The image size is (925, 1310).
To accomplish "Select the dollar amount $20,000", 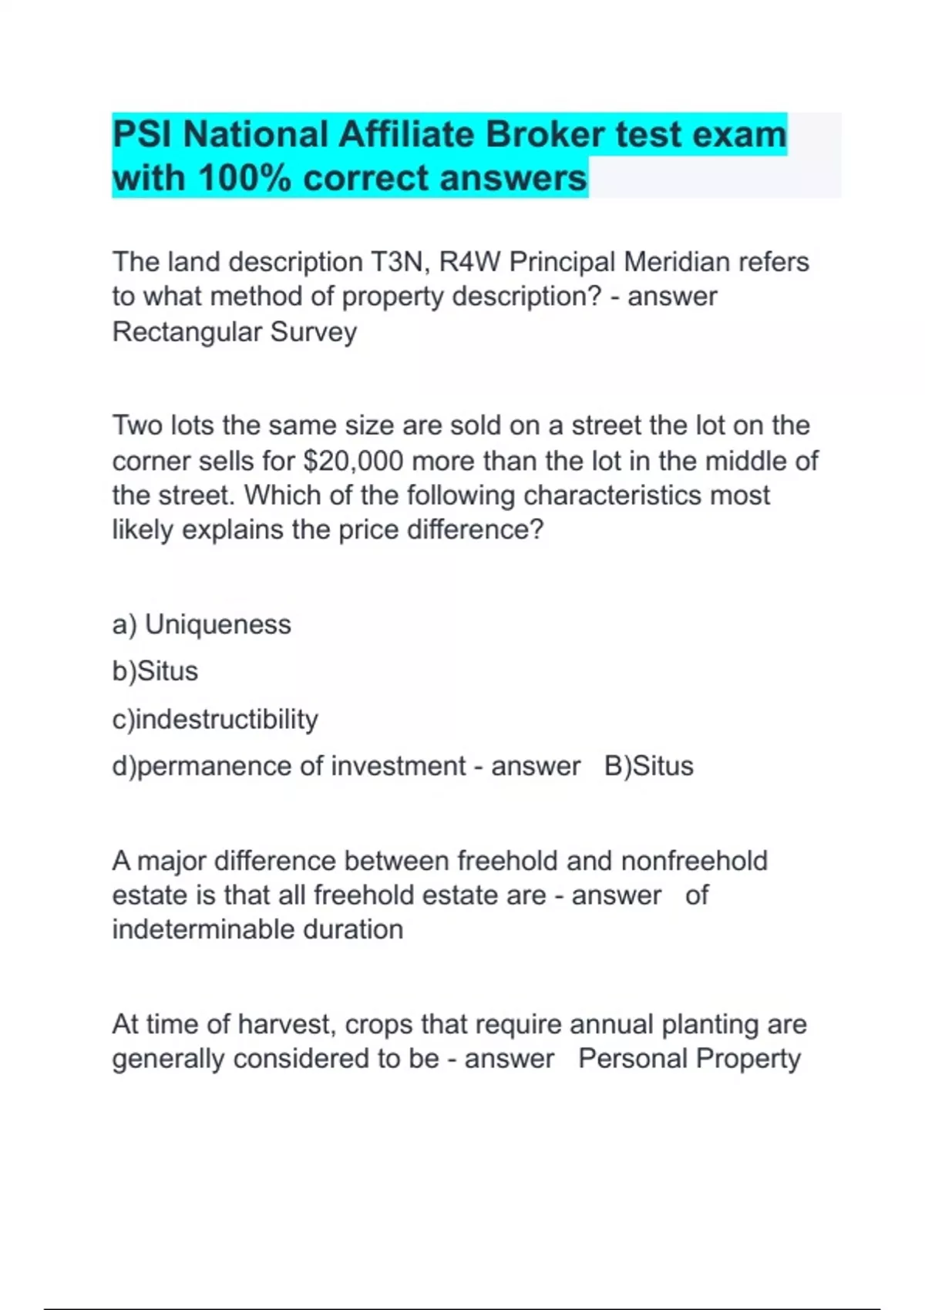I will (354, 461).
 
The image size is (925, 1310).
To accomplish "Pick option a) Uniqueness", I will (202, 624).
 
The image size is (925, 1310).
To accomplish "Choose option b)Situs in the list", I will (155, 671).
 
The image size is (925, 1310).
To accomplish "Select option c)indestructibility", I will (215, 719).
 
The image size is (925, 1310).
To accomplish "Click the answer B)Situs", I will (649, 766).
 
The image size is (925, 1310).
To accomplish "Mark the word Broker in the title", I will (544, 135).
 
